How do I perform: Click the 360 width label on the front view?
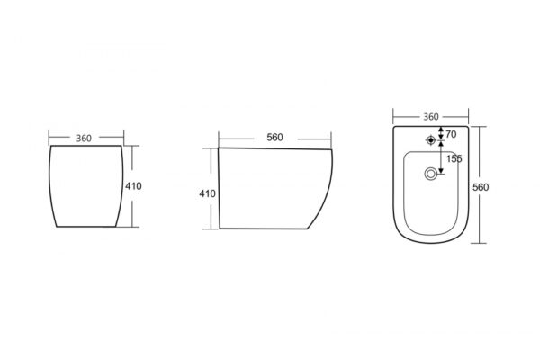click(x=84, y=138)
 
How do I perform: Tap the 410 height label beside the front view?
click(x=133, y=186)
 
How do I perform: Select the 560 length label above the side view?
click(x=274, y=138)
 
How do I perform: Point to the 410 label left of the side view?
click(x=207, y=194)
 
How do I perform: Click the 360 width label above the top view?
click(x=431, y=117)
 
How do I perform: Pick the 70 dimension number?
click(x=451, y=134)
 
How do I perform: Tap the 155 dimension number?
click(x=454, y=158)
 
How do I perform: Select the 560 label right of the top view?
click(x=481, y=187)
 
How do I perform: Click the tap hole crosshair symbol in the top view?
click(x=430, y=140)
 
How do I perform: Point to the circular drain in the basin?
click(x=430, y=174)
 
